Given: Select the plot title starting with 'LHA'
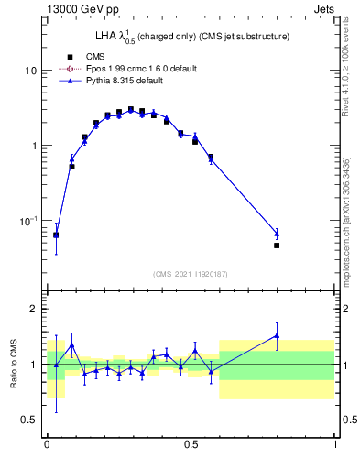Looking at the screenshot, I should click(192, 37).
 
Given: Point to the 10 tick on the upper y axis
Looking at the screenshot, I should click(32, 71).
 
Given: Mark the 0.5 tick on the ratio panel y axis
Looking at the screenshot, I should click(30, 420).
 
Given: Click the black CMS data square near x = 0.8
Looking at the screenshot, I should click(277, 245).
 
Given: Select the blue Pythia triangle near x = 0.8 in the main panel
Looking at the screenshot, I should click(277, 234).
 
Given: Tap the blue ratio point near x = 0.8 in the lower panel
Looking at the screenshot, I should click(277, 335).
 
